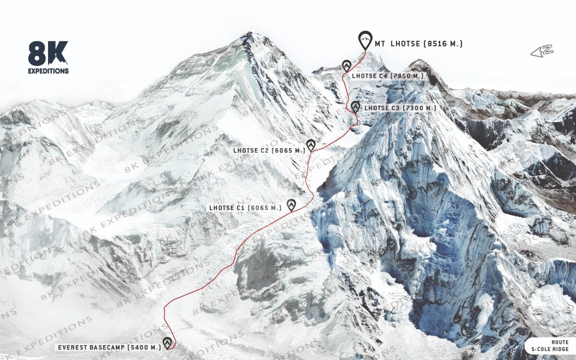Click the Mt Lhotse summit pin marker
[365, 39]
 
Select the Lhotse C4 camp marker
[347, 66]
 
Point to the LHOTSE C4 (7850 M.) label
[388, 76]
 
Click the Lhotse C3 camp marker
[355, 107]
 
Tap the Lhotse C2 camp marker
[311, 145]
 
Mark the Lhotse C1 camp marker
[291, 205]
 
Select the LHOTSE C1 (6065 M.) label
[245, 208]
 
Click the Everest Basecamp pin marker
[167, 343]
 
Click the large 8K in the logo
[48, 53]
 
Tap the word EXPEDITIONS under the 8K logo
[48, 71]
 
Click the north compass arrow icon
[542, 51]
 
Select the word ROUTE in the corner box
[560, 342]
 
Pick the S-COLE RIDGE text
[550, 349]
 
